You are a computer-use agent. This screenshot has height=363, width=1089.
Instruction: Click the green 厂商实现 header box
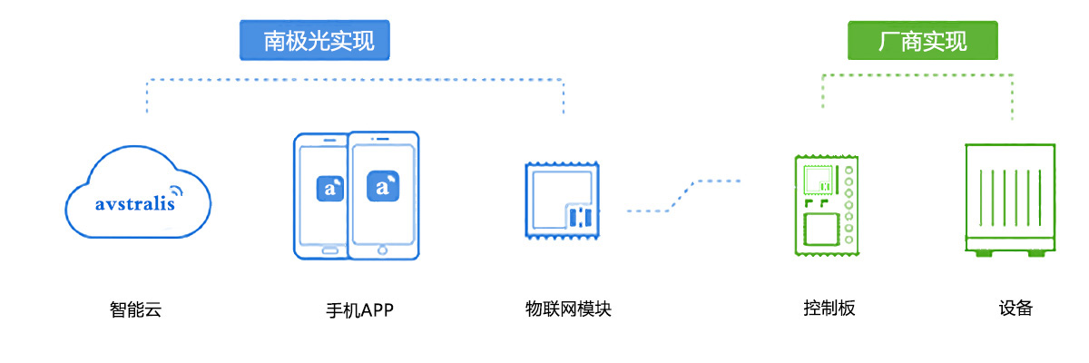coord(922,41)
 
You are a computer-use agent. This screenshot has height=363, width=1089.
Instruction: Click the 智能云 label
coord(135,309)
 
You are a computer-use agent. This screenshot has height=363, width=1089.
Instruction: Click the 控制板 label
coord(829,309)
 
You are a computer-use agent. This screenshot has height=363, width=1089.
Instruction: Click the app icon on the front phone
coord(383,188)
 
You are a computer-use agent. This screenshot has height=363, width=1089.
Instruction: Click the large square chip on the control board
coord(821,229)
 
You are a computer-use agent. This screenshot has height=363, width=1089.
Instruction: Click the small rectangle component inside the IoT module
coord(581,217)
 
